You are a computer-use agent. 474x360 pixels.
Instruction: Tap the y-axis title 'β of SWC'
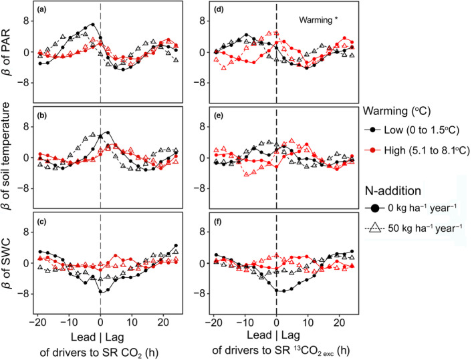[x=9, y=263]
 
